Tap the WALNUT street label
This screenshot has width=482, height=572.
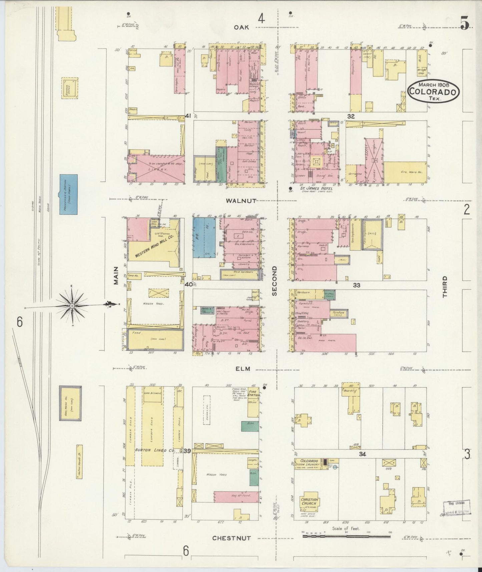tap(241, 201)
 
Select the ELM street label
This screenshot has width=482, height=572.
tap(243, 369)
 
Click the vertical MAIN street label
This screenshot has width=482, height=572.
tap(116, 275)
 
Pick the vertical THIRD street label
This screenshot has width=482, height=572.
tap(445, 286)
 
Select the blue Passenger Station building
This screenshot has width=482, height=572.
tap(69, 194)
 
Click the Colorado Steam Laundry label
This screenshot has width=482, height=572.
tap(307, 464)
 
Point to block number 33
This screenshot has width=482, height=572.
tap(357, 285)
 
